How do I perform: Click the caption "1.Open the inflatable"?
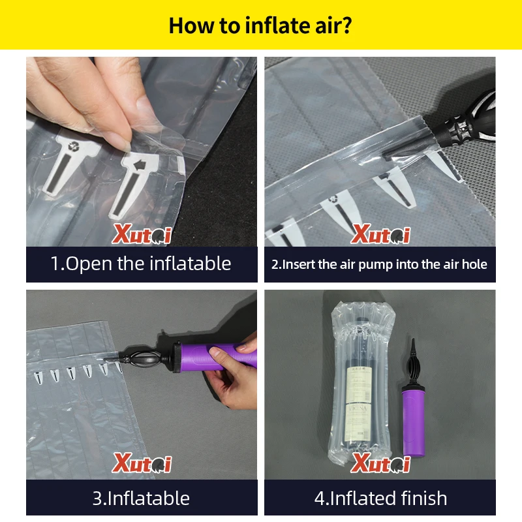[141, 264]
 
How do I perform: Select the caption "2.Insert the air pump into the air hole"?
[379, 264]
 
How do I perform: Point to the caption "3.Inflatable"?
[141, 499]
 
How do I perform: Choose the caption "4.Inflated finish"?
[380, 499]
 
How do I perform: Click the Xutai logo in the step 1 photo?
[142, 233]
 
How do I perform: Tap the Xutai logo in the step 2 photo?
[380, 233]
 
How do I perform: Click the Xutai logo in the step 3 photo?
[142, 464]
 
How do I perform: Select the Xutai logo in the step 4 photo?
[380, 464]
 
